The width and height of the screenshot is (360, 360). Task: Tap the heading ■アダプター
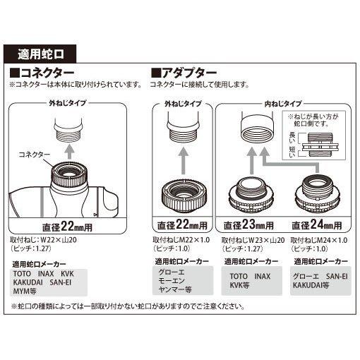pyautogui.click(x=182, y=73)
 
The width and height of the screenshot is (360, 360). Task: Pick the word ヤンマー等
pyautogui.click(x=175, y=289)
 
